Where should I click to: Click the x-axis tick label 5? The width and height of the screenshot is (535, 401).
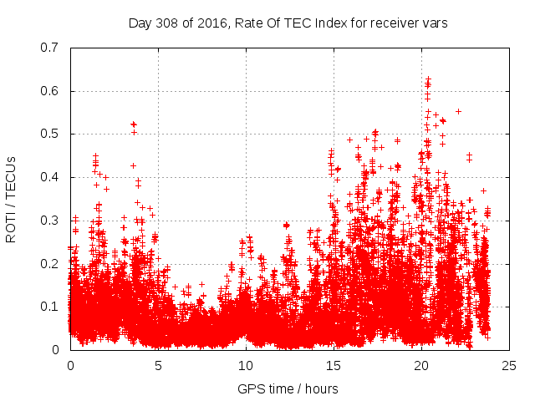[158, 365]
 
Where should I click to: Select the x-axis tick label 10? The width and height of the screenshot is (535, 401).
[246, 365]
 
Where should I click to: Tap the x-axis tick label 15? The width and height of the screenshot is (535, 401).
[334, 365]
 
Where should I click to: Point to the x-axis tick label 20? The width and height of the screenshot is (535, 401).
[421, 365]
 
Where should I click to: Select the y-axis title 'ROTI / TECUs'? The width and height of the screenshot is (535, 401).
[12, 199]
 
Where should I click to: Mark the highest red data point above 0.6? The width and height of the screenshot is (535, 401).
[429, 79]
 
